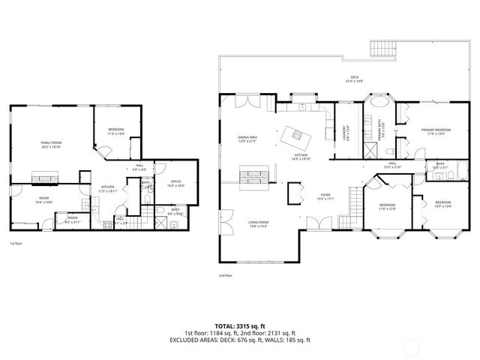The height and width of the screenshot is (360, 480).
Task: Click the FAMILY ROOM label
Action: pyautogui.click(x=51, y=144)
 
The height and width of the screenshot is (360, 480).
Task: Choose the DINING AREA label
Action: pyautogui.click(x=247, y=139)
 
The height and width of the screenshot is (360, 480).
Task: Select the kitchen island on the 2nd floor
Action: pyautogui.click(x=295, y=136)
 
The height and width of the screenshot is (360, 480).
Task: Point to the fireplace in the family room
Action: pyautogui.click(x=41, y=178)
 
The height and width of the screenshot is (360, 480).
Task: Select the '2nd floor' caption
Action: pyautogui.click(x=226, y=275)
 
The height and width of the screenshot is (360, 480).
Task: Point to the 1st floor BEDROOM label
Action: pyautogui.click(x=116, y=132)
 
